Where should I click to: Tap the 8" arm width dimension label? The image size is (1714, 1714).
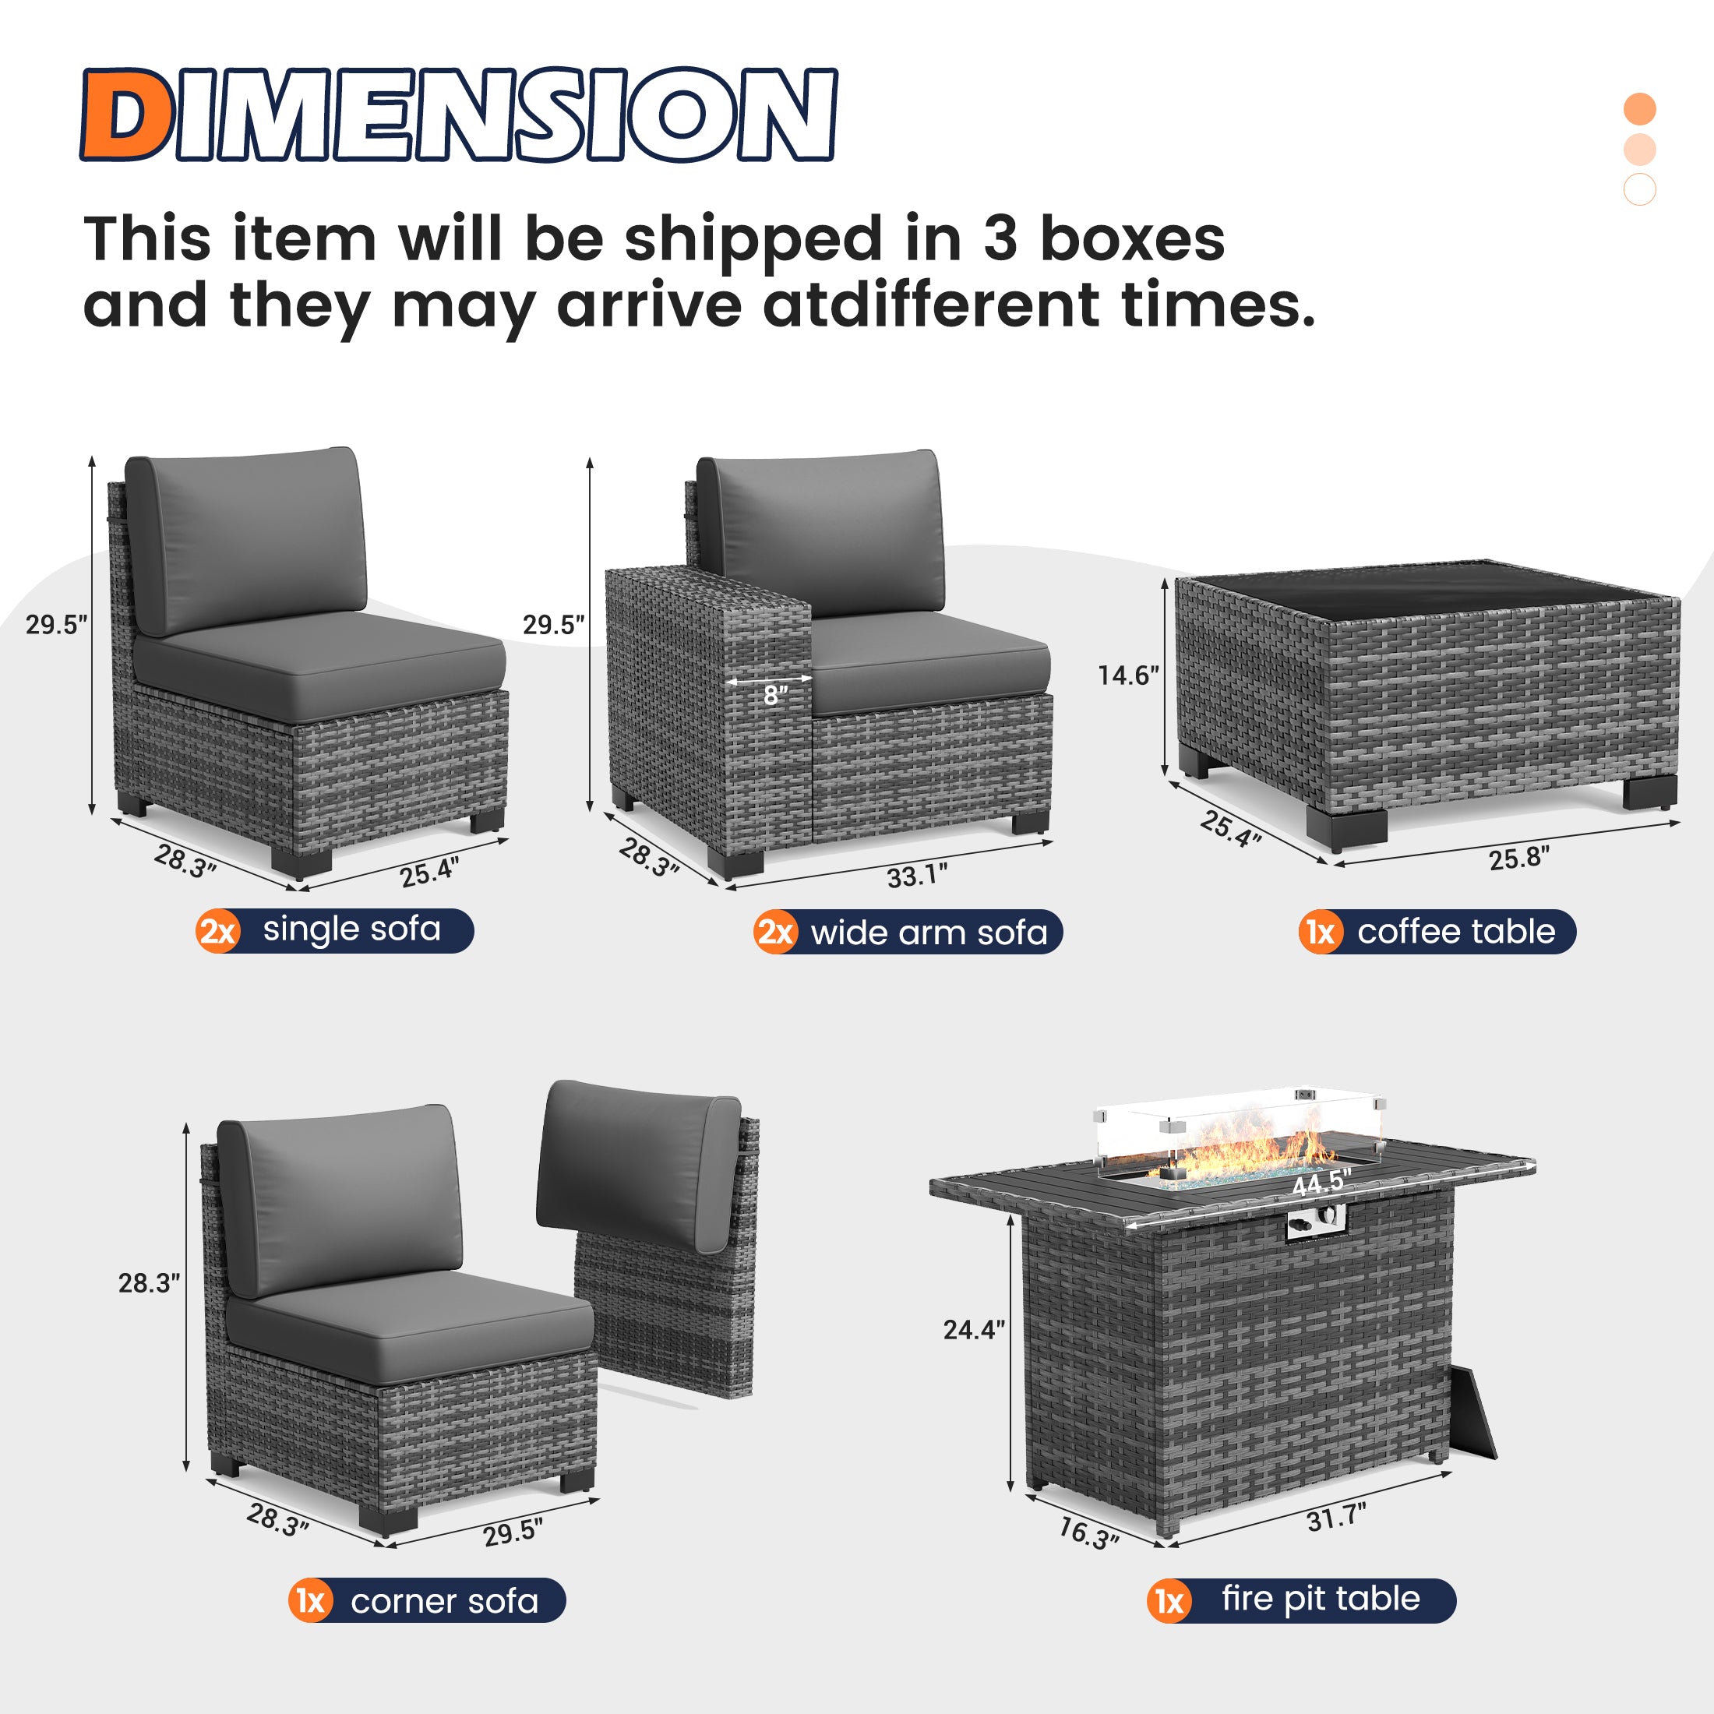[775, 697]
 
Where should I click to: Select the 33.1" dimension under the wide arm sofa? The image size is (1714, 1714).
[917, 876]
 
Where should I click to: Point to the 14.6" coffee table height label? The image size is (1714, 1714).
[1127, 676]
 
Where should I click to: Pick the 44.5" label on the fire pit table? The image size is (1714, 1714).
[1321, 1183]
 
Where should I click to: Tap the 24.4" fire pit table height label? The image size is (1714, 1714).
[973, 1330]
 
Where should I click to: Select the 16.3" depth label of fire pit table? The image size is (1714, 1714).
[1088, 1532]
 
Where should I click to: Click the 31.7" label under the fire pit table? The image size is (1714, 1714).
[1336, 1517]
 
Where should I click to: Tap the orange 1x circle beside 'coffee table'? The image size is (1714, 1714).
[1320, 933]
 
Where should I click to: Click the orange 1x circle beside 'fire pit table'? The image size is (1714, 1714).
[1169, 1601]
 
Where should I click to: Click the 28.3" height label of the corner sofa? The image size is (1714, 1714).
[149, 1283]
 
